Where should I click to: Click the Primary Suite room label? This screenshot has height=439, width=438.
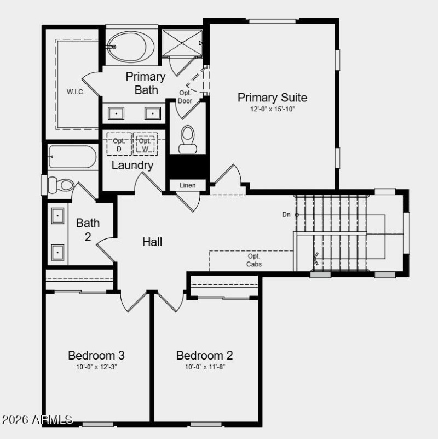(x=272, y=98)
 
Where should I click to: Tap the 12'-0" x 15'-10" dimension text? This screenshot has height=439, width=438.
(x=272, y=109)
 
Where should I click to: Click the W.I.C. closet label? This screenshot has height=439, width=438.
(x=76, y=92)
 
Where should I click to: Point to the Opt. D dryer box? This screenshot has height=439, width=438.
(x=119, y=145)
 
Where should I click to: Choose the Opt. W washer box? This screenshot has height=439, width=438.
(x=145, y=145)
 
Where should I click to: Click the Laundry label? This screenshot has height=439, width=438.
(x=132, y=165)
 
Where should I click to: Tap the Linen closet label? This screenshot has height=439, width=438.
(x=187, y=185)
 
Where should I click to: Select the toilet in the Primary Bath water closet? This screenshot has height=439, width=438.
(x=187, y=139)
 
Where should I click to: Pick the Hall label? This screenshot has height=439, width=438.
(x=152, y=241)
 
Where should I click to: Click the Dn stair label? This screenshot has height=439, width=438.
(x=286, y=214)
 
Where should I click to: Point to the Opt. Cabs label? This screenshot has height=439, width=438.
(x=254, y=260)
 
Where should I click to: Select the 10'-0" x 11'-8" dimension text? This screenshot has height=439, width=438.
(x=205, y=367)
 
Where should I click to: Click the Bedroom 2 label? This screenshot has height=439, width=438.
(x=205, y=355)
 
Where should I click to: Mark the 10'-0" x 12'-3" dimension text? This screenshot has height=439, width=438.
(x=96, y=367)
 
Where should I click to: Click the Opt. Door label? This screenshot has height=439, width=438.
(x=185, y=96)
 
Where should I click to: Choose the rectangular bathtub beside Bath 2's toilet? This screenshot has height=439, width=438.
(x=72, y=157)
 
